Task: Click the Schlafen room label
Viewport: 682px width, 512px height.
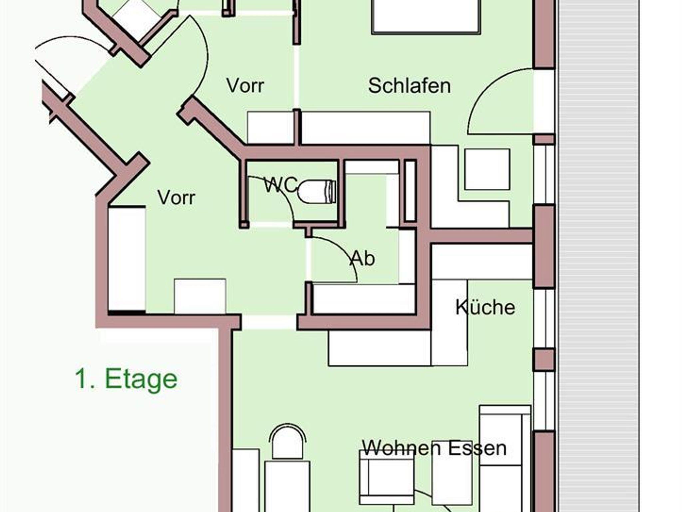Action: coord(409,86)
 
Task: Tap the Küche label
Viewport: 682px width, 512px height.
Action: coord(485,307)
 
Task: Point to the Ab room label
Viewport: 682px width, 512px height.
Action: coord(363,258)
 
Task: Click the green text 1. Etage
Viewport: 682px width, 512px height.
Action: coord(126,379)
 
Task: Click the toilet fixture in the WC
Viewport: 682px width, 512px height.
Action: coord(317,191)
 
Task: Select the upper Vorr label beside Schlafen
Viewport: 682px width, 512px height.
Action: coord(245,86)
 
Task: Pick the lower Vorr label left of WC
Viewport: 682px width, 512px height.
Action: coord(176,198)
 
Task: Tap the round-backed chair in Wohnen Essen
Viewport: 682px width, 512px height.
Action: coord(287,442)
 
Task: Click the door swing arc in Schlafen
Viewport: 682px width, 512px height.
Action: coord(500,101)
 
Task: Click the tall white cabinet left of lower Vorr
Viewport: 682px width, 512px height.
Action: coord(127,259)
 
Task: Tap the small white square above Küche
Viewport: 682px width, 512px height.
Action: coord(487,169)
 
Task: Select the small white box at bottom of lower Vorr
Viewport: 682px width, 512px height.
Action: coord(200,296)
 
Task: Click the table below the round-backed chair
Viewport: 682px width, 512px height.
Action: coord(287,486)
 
